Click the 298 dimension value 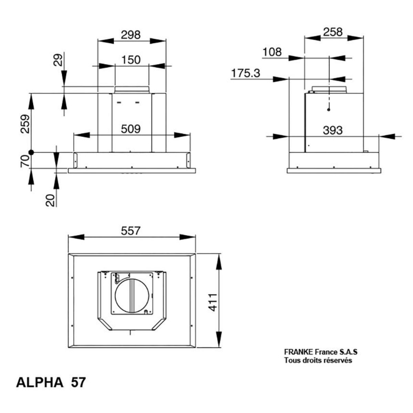tap(130, 35)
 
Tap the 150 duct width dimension tap(131, 60)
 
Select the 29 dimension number tap(58, 60)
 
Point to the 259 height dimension tap(25, 124)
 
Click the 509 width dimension tap(131, 129)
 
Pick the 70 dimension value tap(25, 161)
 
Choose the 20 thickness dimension tap(50, 200)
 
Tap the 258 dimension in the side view tap(333, 32)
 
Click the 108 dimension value tap(272, 52)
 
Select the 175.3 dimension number tap(246, 73)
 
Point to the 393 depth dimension tap(333, 130)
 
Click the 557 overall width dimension tap(130, 231)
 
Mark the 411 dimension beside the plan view tap(213, 302)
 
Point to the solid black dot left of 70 tap(32, 152)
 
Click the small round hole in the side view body tap(329, 110)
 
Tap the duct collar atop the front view tap(131, 89)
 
